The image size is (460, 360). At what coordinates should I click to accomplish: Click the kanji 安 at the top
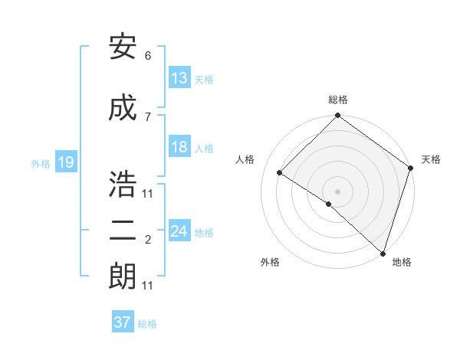click(123, 48)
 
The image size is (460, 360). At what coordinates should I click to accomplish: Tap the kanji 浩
click(123, 185)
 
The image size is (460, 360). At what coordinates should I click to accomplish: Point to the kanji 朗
click(123, 277)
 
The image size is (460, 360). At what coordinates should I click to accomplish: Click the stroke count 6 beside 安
click(148, 56)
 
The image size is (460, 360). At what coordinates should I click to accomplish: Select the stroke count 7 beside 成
click(148, 116)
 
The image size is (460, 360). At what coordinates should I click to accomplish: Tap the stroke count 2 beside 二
click(148, 240)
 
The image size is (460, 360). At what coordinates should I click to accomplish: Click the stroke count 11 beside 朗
click(148, 286)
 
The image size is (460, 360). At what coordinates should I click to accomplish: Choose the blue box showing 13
click(179, 77)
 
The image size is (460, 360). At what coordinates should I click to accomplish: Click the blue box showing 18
click(179, 147)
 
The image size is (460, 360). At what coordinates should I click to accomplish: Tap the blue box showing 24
click(179, 231)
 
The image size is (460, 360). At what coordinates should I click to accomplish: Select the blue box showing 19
click(65, 162)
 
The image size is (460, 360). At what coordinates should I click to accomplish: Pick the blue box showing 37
click(123, 322)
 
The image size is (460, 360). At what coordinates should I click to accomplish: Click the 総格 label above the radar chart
click(337, 100)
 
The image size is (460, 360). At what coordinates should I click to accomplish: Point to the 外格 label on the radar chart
click(270, 262)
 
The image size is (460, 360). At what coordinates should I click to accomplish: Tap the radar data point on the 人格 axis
click(280, 173)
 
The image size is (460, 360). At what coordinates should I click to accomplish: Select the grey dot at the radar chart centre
click(337, 191)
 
